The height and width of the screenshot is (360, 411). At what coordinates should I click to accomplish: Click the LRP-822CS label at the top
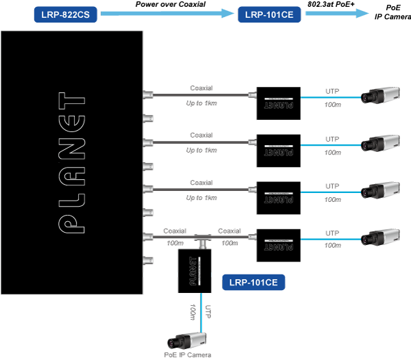pyautogui.click(x=66, y=14)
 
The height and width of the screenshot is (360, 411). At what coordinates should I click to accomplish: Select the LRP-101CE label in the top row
pyautogui.click(x=269, y=14)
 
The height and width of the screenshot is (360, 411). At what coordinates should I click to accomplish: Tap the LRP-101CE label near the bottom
pyautogui.click(x=253, y=282)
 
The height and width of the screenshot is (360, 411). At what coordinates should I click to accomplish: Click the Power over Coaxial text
pyautogui.click(x=171, y=4)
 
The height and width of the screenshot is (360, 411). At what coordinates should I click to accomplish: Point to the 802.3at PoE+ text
pyautogui.click(x=331, y=4)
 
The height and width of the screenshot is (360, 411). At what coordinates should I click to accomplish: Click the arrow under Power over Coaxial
pyautogui.click(x=167, y=14)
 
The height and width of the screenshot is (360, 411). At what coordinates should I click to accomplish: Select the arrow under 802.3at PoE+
pyautogui.click(x=337, y=14)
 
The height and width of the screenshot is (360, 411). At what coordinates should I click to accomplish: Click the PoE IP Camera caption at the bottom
pyautogui.click(x=188, y=355)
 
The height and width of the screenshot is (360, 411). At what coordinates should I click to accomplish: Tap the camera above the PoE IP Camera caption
pyautogui.click(x=187, y=341)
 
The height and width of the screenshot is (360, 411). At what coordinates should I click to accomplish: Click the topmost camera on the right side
pyautogui.click(x=380, y=95)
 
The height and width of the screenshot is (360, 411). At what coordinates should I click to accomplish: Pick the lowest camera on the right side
pyautogui.click(x=380, y=237)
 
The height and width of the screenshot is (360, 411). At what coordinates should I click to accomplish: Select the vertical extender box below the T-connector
pyautogui.click(x=195, y=271)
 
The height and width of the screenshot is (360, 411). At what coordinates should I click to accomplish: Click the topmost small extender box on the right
pyautogui.click(x=278, y=103)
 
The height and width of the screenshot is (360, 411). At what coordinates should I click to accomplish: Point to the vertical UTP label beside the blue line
pyautogui.click(x=208, y=311)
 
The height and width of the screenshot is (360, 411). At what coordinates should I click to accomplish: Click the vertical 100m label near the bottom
pyautogui.click(x=192, y=312)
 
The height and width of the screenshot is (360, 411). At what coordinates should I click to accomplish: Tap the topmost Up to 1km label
pyautogui.click(x=201, y=103)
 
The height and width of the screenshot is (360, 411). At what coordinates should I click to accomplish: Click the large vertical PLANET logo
pyautogui.click(x=71, y=163)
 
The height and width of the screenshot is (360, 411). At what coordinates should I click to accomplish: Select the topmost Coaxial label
pyautogui.click(x=201, y=88)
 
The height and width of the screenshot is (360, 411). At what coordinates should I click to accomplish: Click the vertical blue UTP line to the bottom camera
pyautogui.click(x=201, y=313)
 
